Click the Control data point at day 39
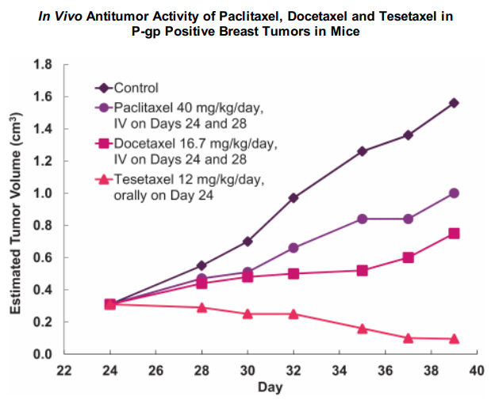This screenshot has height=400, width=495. click(454, 103)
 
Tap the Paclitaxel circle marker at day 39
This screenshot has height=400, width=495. click(454, 193)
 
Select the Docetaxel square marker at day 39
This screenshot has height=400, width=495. click(454, 233)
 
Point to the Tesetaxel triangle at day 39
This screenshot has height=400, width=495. click(454, 338)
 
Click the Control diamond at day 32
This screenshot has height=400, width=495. click(294, 197)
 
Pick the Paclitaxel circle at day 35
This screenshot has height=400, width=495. click(362, 219)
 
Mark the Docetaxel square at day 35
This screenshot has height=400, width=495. click(362, 270)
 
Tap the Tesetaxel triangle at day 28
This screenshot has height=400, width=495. click(201, 307)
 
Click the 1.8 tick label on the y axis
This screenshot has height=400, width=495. click(44, 64)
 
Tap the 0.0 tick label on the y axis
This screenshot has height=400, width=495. click(44, 354)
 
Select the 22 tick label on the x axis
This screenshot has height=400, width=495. click(64, 369)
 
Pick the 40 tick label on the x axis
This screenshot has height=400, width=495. click(476, 369)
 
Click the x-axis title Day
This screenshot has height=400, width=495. click(270, 387)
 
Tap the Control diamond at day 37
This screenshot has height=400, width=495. click(408, 135)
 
